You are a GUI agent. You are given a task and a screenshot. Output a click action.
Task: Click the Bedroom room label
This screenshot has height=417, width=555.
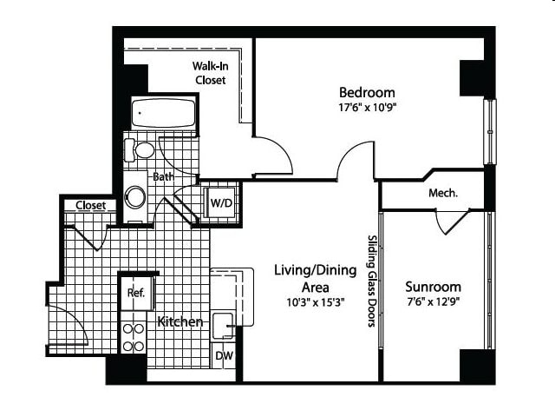coord(367,92)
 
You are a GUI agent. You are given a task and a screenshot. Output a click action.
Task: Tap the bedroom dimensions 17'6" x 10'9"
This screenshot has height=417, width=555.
coord(367,107)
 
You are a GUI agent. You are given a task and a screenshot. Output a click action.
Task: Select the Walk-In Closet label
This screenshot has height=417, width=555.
coord(210,73)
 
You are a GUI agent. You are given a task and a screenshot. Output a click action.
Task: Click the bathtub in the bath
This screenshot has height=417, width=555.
coord(164,112)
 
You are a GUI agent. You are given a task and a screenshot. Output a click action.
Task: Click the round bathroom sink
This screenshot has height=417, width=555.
coord(135,197)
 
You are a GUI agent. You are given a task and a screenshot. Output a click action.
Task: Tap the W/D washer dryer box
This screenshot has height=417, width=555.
coord(221,202)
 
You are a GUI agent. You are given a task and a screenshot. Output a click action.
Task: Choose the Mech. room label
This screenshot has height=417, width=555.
coord(443,193)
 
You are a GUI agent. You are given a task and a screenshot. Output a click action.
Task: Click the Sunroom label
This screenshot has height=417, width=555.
coord(433,287)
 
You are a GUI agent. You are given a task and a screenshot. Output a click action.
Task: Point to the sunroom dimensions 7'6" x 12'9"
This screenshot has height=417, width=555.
coord(433,301)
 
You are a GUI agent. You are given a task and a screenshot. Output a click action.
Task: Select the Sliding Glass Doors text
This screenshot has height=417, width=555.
coord(372,281)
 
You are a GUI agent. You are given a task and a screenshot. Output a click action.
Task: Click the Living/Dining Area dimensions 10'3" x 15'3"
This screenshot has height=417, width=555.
coord(316,302)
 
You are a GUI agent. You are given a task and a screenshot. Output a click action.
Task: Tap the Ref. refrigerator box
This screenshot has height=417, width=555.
coord(137,293)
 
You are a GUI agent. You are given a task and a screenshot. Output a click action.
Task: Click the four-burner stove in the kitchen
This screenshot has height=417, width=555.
coord(133,338)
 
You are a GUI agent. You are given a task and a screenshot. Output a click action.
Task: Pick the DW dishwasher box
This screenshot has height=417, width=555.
coord(224,355)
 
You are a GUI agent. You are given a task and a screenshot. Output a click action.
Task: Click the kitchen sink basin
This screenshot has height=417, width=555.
coord(224,326)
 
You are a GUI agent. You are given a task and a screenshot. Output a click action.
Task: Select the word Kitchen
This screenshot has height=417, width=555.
coord(180,321)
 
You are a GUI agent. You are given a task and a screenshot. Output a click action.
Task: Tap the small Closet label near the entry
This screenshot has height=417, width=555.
coord(90,205)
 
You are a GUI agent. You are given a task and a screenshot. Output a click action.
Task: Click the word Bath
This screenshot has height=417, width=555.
coord(163,176)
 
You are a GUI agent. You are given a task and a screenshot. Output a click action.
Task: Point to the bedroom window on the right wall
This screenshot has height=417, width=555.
coord(490,131)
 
